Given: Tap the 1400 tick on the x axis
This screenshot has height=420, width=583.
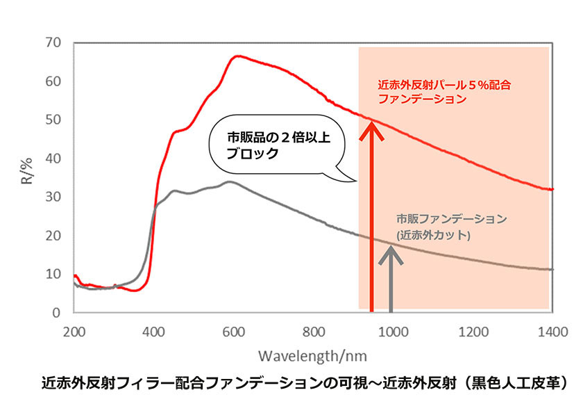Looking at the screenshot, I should (552, 332).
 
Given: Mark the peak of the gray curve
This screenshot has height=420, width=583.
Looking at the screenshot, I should (229, 182).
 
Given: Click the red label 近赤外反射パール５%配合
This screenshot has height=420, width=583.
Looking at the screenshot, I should (443, 85).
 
